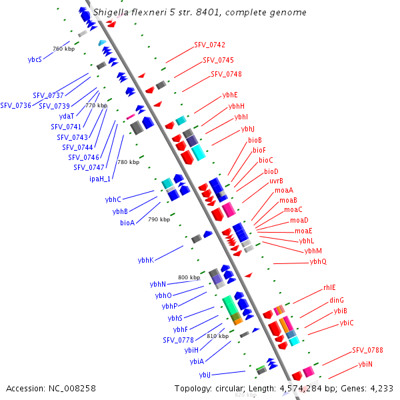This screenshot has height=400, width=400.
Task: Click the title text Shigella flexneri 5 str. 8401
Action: [x=200, y=12]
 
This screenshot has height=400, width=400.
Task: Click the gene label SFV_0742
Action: [x=209, y=45]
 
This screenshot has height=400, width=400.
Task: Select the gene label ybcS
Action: [x=35, y=59]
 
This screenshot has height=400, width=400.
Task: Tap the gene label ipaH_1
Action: [x=100, y=179]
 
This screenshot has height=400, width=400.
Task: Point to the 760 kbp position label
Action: [x=63, y=49]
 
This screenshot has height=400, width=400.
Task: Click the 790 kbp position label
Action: [x=159, y=219]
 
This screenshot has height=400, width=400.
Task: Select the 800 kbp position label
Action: [x=189, y=277]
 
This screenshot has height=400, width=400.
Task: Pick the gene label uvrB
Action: [x=276, y=181]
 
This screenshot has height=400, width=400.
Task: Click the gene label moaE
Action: [x=304, y=231]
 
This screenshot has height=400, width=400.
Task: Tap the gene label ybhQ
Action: [x=318, y=262]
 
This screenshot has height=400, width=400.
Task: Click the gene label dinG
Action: [x=337, y=300]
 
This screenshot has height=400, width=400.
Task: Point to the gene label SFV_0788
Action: [x=367, y=350]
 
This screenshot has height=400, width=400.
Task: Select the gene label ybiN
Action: [x=365, y=364]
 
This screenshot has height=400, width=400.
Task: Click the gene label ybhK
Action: [x=145, y=260]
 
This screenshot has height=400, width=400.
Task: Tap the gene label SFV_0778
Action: [x=178, y=340]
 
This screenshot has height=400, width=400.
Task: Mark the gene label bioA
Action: [x=127, y=223]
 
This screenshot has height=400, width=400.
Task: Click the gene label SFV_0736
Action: [x=15, y=105]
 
